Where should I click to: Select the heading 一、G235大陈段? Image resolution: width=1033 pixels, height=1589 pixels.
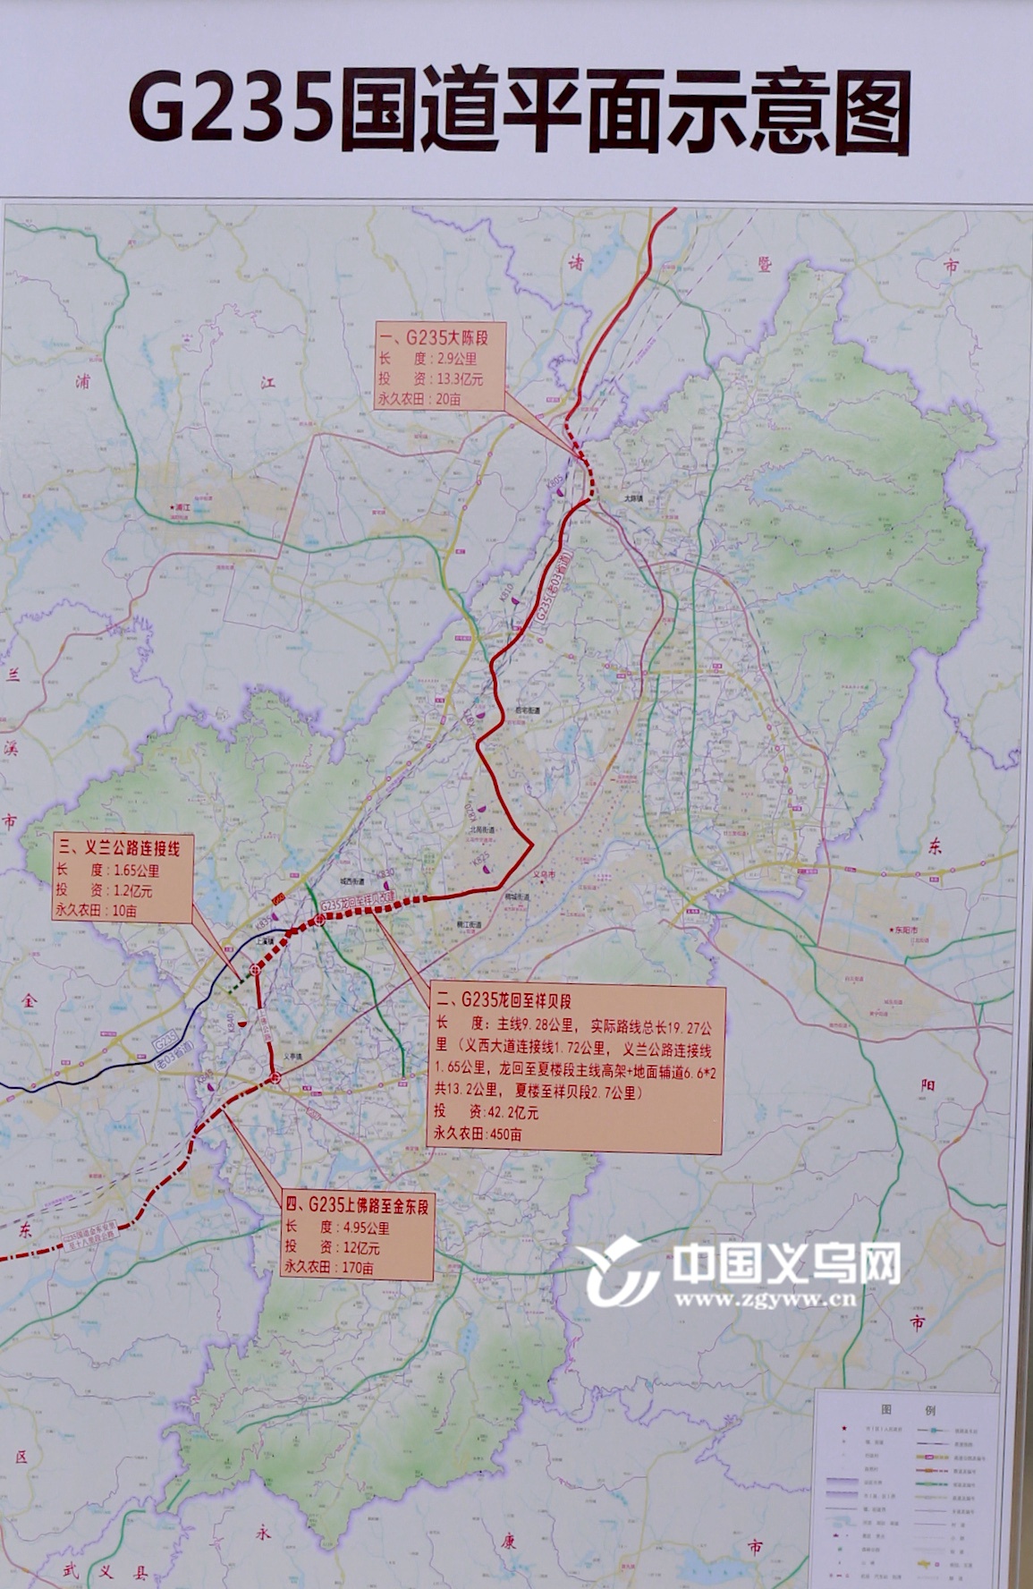(443, 339)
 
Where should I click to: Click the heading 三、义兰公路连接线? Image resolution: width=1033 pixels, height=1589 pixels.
(118, 847)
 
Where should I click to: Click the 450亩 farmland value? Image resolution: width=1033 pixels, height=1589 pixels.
(502, 1134)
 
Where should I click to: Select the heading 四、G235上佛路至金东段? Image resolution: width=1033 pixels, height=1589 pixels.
(356, 1207)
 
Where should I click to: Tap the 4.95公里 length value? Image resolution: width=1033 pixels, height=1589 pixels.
(365, 1228)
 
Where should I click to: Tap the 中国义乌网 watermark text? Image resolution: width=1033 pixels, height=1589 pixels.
(786, 1264)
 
